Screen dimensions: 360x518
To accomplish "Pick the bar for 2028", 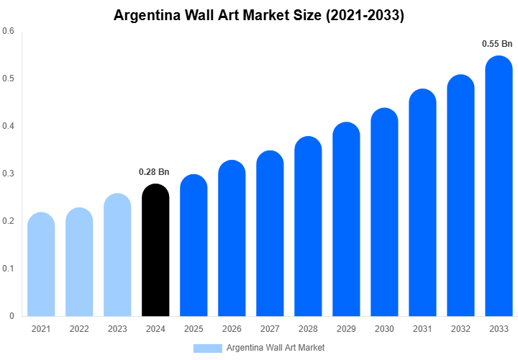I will point(308,226).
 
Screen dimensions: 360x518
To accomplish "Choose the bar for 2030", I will point(384,212).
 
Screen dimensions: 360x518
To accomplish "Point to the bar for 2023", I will point(117,255).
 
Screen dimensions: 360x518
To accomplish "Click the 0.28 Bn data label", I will point(154,172).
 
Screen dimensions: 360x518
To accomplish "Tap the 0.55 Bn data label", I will point(496,44).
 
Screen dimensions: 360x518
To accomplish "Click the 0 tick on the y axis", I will point(12,316).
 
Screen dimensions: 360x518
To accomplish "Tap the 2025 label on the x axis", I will point(194,329).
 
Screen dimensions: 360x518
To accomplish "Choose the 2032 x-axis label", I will point(460,329).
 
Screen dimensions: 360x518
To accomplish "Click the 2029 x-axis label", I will point(346,329).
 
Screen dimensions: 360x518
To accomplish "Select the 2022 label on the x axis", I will point(79,329).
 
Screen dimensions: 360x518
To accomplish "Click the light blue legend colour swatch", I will point(207,348).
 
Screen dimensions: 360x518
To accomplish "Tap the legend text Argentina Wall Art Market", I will point(275,348).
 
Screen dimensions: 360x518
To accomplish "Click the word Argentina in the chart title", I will point(146,15).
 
